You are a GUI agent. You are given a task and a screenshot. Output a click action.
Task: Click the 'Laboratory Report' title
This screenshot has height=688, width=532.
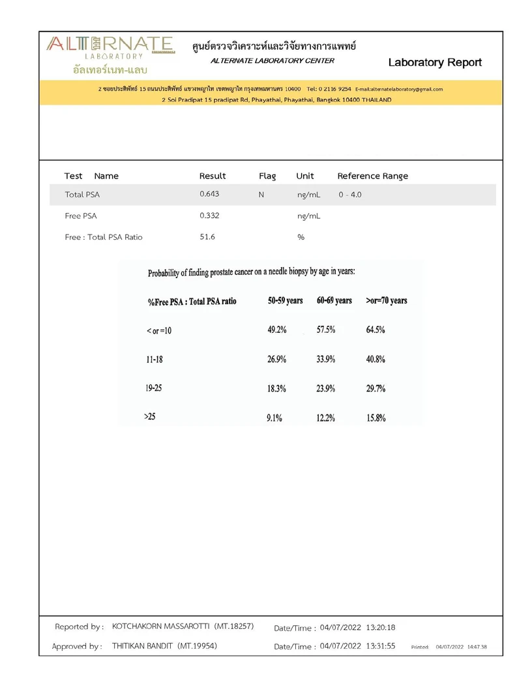click(x=435, y=63)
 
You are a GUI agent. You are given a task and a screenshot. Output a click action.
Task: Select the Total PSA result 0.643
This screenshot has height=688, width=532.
click(x=209, y=194)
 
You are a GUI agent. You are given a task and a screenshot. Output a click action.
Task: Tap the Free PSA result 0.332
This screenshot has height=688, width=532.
click(x=209, y=216)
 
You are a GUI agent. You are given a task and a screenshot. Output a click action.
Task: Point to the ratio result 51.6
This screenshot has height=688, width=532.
click(x=207, y=237)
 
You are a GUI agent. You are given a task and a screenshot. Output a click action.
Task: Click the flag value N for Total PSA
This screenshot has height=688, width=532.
click(x=261, y=194)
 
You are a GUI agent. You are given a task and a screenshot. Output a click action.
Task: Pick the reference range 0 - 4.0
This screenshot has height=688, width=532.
click(x=350, y=195)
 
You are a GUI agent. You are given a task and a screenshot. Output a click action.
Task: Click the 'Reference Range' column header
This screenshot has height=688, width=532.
click(x=372, y=176)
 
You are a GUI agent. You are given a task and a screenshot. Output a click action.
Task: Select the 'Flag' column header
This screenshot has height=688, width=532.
click(x=267, y=176)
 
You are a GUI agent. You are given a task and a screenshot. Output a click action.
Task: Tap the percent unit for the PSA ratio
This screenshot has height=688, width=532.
click(x=301, y=237)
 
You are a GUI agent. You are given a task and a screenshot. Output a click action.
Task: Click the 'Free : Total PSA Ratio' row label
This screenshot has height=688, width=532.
click(x=104, y=237)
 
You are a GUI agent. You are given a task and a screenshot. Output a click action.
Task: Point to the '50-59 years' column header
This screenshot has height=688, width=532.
click(x=285, y=301)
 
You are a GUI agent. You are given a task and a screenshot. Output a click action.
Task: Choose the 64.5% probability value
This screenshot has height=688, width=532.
click(x=376, y=330)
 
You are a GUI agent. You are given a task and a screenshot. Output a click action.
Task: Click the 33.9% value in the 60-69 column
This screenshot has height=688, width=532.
click(x=326, y=359)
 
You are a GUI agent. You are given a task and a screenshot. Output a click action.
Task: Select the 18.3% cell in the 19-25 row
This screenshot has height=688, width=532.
click(x=276, y=388)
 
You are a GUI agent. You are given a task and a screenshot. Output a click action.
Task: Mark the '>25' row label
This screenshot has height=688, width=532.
click(x=149, y=416)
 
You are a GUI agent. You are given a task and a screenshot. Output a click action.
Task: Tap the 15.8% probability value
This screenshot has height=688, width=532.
click(x=376, y=418)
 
